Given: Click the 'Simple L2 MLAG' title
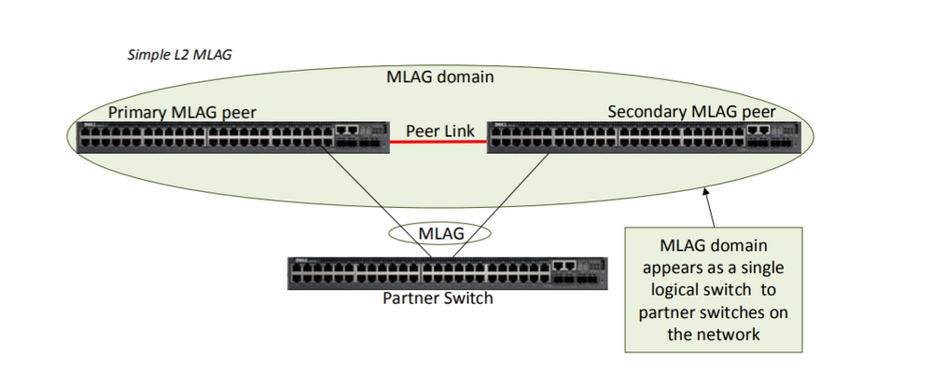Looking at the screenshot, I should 179,54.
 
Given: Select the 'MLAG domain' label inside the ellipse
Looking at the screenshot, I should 439,77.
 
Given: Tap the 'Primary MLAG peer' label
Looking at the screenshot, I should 182,112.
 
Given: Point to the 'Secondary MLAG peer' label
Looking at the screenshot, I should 691,112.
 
